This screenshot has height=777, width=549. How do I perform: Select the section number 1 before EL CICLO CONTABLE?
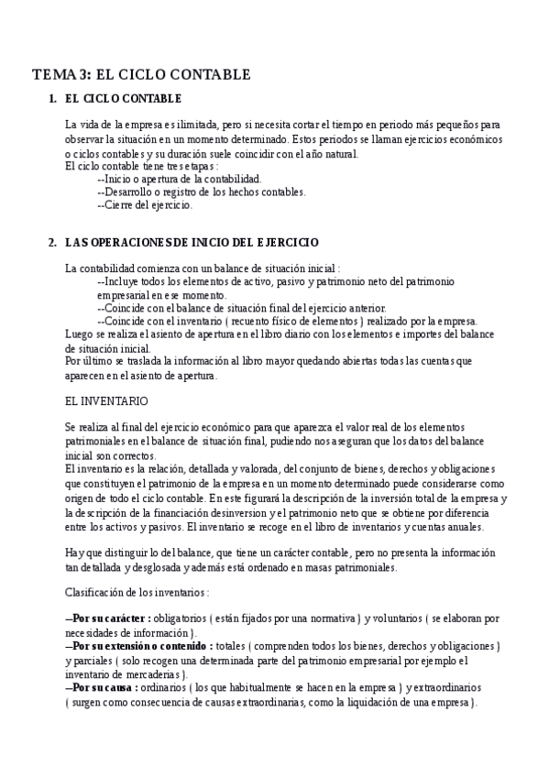(51, 98)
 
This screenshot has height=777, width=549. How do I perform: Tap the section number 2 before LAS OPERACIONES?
(51, 242)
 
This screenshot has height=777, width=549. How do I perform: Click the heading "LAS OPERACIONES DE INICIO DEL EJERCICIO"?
(192, 242)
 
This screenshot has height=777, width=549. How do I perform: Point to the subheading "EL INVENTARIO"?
(100, 400)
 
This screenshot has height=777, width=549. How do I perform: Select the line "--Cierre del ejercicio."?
(144, 205)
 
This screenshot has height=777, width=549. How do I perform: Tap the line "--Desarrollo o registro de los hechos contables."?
(201, 192)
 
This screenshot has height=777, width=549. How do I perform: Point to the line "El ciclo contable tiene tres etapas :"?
(142, 166)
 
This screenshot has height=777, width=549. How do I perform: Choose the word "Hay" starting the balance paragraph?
(74, 553)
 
